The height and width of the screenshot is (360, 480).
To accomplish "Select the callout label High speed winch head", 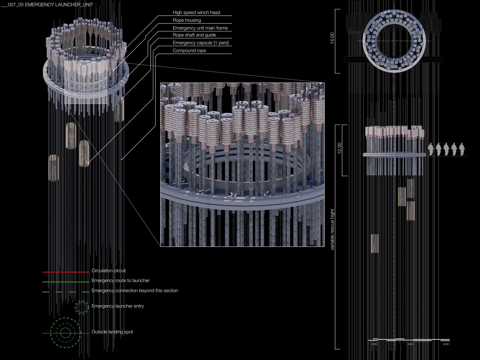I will [x=196, y=12].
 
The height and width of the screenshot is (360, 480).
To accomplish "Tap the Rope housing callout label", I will [x=187, y=20].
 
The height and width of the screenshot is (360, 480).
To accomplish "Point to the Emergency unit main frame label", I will [x=200, y=28].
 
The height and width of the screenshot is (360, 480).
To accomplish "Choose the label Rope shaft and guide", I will [x=194, y=35].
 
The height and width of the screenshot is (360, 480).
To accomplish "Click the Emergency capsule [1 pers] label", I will [x=201, y=43].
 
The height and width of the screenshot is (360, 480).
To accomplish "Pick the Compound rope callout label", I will [x=189, y=51].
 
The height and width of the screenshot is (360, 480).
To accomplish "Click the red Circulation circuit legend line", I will [x=66, y=272].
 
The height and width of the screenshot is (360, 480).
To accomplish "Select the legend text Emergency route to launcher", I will [x=121, y=281].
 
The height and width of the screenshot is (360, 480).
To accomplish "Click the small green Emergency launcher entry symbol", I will [x=82, y=308].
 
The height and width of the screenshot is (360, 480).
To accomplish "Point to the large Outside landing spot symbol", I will [x=65, y=333].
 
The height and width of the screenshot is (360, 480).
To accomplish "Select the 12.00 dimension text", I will [x=340, y=148].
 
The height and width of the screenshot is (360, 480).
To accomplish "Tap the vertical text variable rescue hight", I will [x=332, y=229].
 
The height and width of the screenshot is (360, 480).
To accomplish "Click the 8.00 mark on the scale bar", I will [x=446, y=344].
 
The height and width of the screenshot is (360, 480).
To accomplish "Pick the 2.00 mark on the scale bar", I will [x=374, y=344].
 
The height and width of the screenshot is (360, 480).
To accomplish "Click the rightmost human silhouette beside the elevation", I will [x=461, y=150].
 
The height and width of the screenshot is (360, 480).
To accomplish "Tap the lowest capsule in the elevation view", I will [x=375, y=244].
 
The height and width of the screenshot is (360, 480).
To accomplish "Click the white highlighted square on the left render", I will [x=86, y=83].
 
